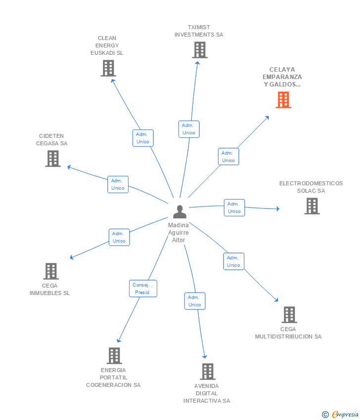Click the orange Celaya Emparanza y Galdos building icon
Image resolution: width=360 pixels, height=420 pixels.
tap(283, 100)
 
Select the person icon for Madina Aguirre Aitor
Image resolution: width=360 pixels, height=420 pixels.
tap(180, 211)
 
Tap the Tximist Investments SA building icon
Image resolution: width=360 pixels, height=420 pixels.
tap(199, 50)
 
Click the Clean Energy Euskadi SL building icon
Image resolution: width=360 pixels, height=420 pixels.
tap(108, 68)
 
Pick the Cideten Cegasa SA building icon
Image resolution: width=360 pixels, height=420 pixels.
tap(53, 159)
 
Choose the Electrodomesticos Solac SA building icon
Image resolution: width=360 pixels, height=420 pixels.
tap(312, 206)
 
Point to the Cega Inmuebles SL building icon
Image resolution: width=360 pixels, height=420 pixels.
tap(51, 271)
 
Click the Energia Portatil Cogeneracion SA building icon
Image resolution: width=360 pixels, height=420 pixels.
tap(114, 356)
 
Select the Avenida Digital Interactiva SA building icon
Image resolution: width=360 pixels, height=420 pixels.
tap(207, 372)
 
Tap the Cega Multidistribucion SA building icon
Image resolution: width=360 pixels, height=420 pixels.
tap(289, 315)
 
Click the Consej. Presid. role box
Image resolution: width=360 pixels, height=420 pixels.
tap(143, 289)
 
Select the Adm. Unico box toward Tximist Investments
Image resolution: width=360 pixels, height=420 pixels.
tap(189, 129)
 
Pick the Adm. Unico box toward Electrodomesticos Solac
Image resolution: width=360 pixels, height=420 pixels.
tap(234, 208)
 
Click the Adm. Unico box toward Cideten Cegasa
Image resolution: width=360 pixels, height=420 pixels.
tap(118, 184)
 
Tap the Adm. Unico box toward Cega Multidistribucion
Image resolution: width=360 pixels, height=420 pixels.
tap(233, 261)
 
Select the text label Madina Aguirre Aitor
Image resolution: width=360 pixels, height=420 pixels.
tap(179, 233)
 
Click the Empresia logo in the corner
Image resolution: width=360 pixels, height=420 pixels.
tap(341, 414)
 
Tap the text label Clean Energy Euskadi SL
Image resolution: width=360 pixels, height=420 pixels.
tap(107, 45)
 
